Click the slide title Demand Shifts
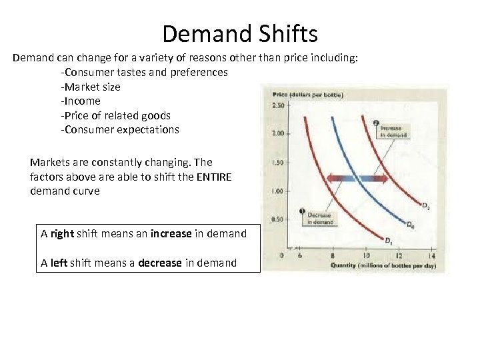coord(240,33)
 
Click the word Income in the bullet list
coord(82,101)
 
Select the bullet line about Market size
coord(91,87)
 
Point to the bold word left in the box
coord(59,263)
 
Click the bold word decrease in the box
coord(160,263)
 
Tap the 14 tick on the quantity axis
coord(431,256)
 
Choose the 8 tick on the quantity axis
coord(332,256)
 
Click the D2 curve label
coord(426,207)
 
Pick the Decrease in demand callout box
coord(319,219)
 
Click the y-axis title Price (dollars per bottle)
coord(307,95)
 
